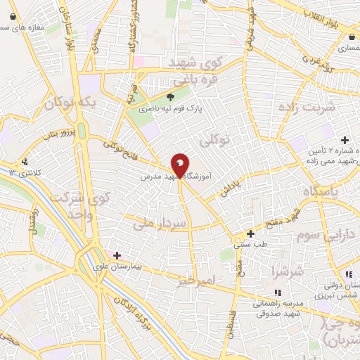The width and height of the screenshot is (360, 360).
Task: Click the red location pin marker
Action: pyautogui.click(x=181, y=165)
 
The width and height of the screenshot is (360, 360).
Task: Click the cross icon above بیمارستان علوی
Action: pyautogui.click(x=117, y=255)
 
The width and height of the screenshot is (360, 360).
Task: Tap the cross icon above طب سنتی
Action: pyautogui.click(x=250, y=233)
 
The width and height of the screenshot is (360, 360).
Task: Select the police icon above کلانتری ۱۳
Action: pyautogui.click(x=26, y=160)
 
